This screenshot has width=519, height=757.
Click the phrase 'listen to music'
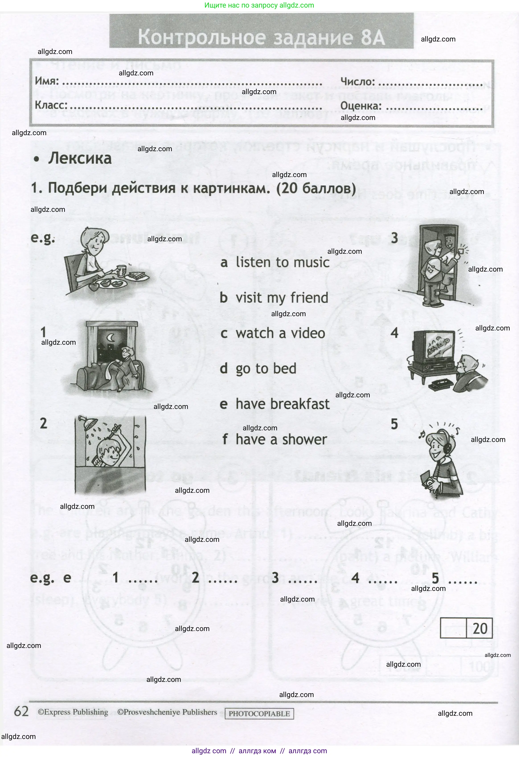(x=282, y=262)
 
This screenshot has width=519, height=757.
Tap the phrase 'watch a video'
(x=280, y=333)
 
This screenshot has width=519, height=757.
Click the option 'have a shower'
(x=281, y=440)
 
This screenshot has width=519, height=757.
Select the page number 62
(x=21, y=711)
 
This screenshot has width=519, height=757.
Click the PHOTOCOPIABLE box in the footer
(x=259, y=713)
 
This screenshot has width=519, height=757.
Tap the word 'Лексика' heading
(x=80, y=159)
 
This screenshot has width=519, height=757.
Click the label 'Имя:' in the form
(x=47, y=81)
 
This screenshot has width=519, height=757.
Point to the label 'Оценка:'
(x=361, y=106)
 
